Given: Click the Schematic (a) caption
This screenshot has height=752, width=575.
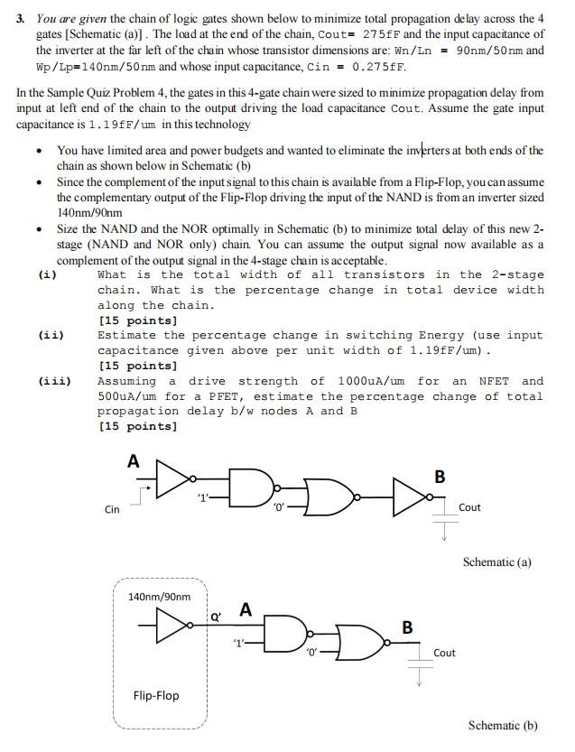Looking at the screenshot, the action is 496,562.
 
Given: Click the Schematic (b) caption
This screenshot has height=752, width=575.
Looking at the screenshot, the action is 503,725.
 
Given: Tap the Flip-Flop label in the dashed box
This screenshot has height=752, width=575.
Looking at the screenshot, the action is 156,695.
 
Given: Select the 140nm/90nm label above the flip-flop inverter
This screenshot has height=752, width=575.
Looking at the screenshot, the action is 160,597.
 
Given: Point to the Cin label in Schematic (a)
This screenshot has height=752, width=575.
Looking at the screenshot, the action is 112,509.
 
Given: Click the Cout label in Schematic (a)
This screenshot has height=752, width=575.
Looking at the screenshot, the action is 469,507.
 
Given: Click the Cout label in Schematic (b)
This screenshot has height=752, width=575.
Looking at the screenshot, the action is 444,653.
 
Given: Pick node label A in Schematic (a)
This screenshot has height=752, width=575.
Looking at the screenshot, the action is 134,461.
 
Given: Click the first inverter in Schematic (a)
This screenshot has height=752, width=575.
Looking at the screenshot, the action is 174,478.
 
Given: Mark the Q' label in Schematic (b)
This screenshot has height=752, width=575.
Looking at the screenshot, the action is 215,617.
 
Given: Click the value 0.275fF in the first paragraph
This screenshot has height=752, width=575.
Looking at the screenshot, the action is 380,66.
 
